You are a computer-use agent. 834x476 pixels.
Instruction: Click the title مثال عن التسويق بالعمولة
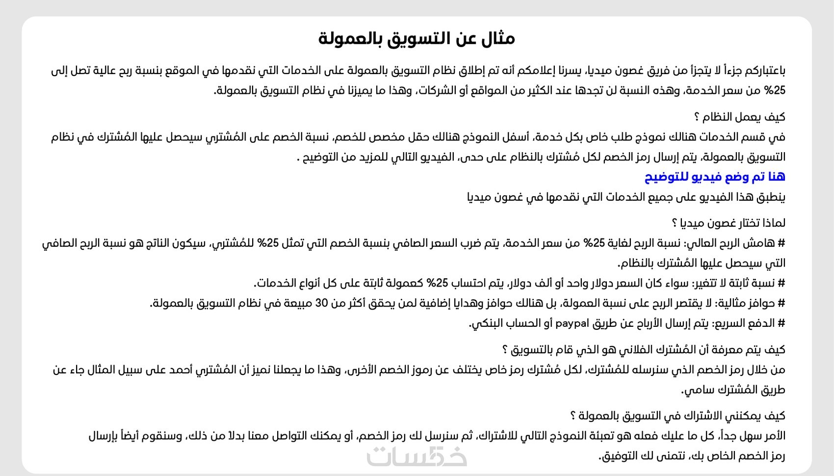coord(417,39)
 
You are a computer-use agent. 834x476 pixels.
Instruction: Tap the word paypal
coord(572,323)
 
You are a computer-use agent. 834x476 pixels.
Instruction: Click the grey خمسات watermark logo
coord(417,456)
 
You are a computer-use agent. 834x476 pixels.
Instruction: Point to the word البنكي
coord(487,323)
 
